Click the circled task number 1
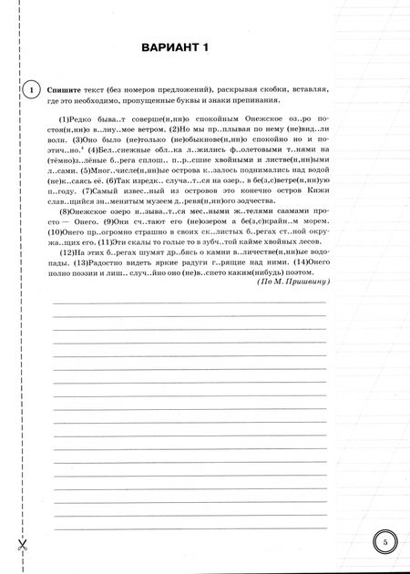[x=29, y=90]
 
